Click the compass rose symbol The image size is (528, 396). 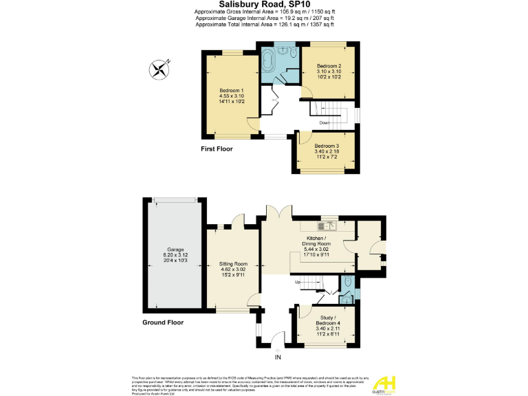[159, 68]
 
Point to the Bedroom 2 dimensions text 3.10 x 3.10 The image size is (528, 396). [329, 71]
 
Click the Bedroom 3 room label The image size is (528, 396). [327, 146]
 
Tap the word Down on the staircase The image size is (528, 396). [324, 123]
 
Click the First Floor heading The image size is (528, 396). [217, 148]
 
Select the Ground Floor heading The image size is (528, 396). [164, 322]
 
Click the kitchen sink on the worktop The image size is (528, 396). [327, 224]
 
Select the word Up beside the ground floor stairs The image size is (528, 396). [298, 282]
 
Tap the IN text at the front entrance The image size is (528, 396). [278, 357]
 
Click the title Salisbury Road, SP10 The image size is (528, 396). [264, 5]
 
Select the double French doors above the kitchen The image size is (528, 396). [279, 214]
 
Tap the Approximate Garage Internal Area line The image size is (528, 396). [264, 18]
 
